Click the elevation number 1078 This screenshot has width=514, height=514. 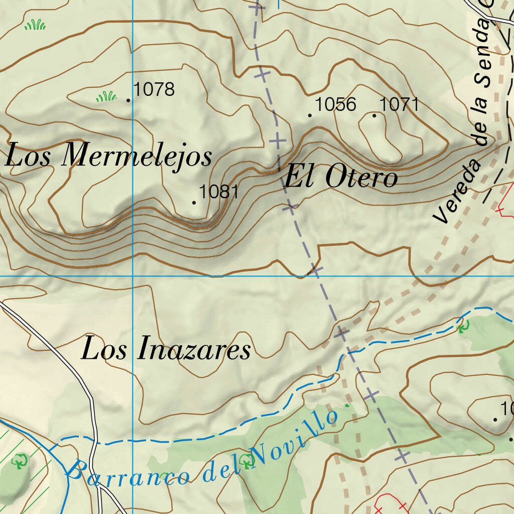point(155,90)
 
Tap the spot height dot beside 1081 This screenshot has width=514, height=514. point(194,202)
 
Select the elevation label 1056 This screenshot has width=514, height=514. point(335,104)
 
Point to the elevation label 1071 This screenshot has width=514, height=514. point(399,104)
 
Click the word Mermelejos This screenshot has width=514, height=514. point(136,156)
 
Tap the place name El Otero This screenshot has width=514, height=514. point(341,177)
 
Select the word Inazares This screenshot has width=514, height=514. point(194,350)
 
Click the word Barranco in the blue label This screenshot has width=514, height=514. point(128,474)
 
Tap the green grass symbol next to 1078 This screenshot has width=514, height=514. point(106,96)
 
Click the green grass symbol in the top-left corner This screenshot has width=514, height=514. point(35,24)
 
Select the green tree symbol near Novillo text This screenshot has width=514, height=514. point(246,459)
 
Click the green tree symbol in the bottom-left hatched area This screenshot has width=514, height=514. point(21,460)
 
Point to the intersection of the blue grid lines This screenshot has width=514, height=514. point(133,276)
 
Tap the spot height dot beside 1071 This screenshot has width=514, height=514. point(374,115)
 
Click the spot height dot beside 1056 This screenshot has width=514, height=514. point(310,115)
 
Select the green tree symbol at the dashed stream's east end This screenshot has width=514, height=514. point(463,327)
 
